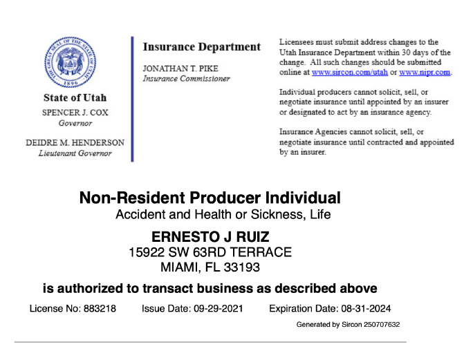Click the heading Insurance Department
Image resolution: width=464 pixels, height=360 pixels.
[x=201, y=47]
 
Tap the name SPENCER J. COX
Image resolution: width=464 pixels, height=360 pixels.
[x=75, y=112]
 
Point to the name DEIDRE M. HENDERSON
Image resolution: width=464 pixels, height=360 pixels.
[x=75, y=142]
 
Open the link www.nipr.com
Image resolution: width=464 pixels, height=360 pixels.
[x=425, y=72]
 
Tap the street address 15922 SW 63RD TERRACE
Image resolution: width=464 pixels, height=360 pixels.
[x=210, y=252]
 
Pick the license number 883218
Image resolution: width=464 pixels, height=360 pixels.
[x=100, y=308]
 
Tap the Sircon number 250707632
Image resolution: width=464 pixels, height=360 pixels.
[x=378, y=324]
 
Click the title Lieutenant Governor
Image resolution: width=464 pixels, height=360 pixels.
[x=75, y=153]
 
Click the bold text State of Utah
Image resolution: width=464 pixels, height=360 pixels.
[x=75, y=97]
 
